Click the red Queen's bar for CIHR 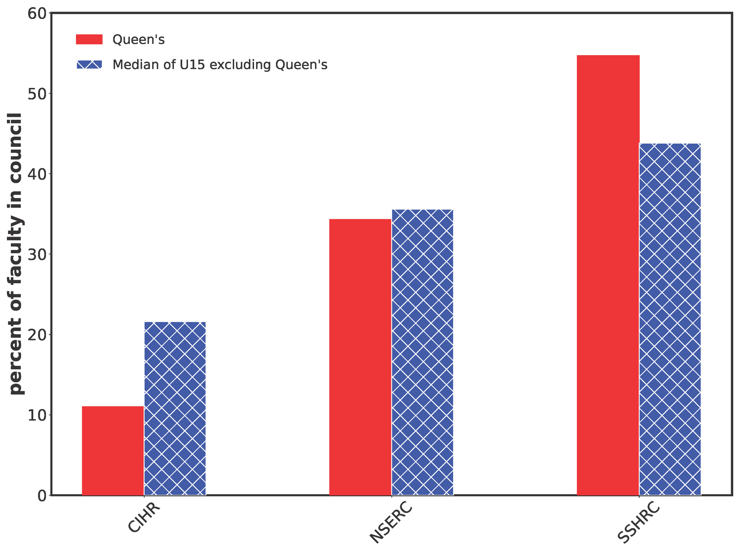(x=113, y=450)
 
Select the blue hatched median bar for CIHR (x=175, y=408)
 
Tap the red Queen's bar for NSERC (x=360, y=357)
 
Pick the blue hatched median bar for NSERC (x=422, y=352)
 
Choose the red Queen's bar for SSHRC (x=608, y=275)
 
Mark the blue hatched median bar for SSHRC (x=670, y=319)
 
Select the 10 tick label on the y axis (x=38, y=415)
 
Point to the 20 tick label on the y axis (x=38, y=335)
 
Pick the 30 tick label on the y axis (x=38, y=254)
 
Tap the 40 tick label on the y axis (x=38, y=174)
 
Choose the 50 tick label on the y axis (x=38, y=93)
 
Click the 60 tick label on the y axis (x=38, y=13)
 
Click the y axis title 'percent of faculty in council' (x=16, y=254)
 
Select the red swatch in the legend (x=89, y=39)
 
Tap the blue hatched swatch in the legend (x=89, y=65)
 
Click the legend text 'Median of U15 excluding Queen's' (x=220, y=65)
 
